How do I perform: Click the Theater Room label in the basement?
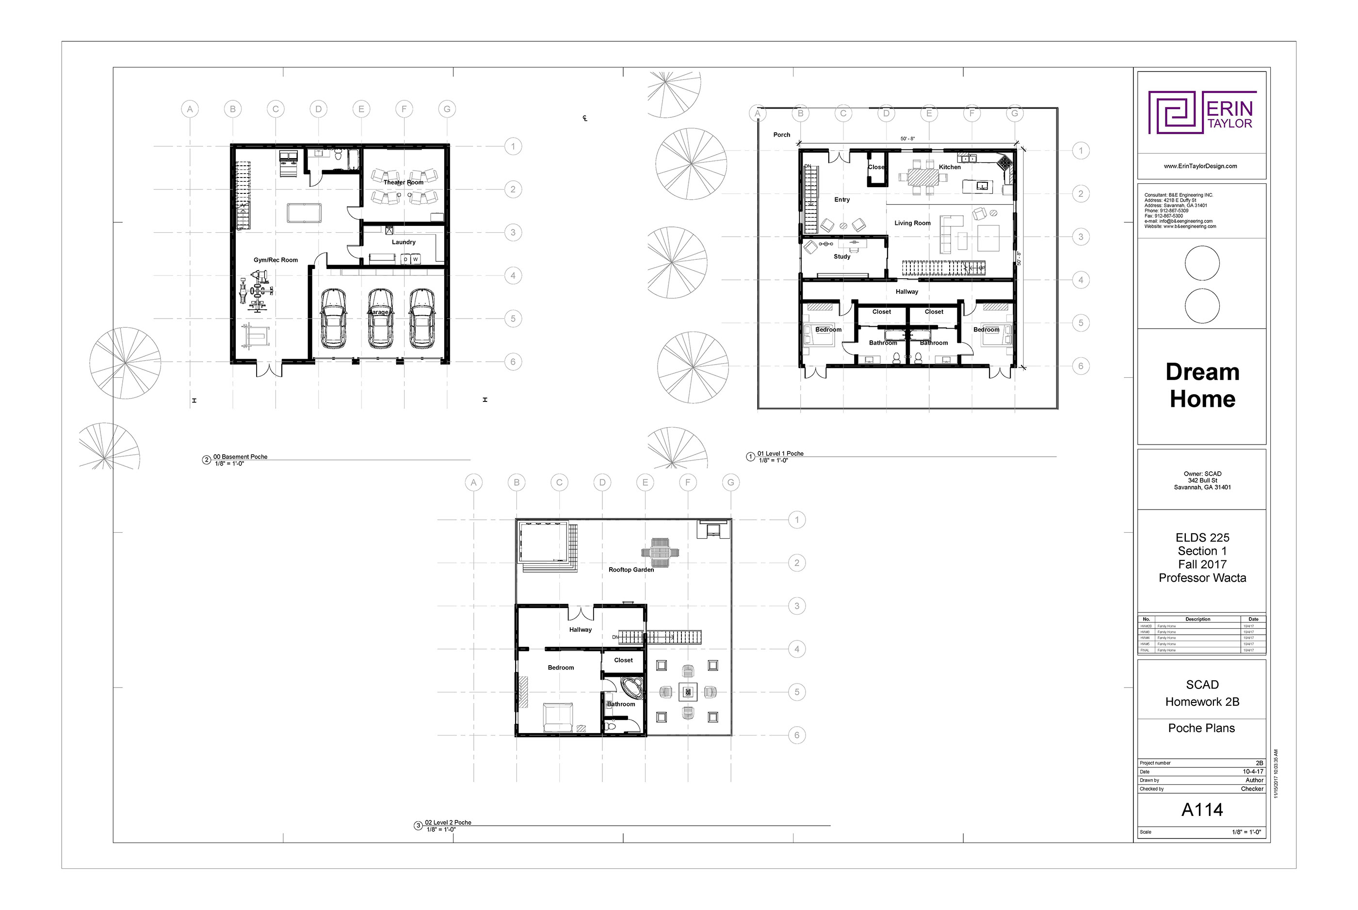(x=403, y=182)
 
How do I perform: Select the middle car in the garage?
(x=380, y=319)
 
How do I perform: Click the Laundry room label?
(x=404, y=242)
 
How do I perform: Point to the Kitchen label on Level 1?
(x=950, y=167)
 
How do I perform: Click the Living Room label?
(x=912, y=223)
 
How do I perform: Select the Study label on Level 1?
(x=842, y=256)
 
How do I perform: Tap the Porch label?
(x=781, y=135)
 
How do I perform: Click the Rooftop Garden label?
(x=631, y=570)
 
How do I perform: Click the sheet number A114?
(x=1202, y=810)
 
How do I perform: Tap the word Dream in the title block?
(x=1202, y=372)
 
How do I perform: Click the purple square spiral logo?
(x=1174, y=112)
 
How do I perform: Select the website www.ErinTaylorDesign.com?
(x=1200, y=166)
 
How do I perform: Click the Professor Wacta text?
(x=1202, y=578)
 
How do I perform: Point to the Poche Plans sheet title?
(x=1201, y=728)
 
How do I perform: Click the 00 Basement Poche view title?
(x=241, y=457)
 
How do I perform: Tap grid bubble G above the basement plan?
(x=447, y=109)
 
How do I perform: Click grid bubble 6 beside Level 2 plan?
(x=796, y=735)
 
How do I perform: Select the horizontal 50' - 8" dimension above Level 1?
(x=907, y=139)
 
